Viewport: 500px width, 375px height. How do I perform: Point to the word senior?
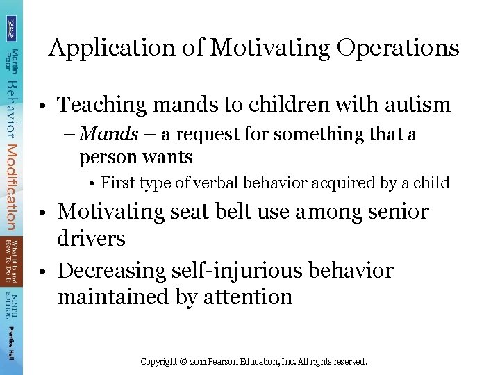(394, 212)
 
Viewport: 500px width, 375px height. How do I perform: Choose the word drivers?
(92, 238)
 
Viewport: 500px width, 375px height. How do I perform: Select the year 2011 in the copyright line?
(199, 362)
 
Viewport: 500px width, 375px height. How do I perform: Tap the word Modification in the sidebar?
(11, 187)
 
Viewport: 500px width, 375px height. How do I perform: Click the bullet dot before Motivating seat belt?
(43, 212)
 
